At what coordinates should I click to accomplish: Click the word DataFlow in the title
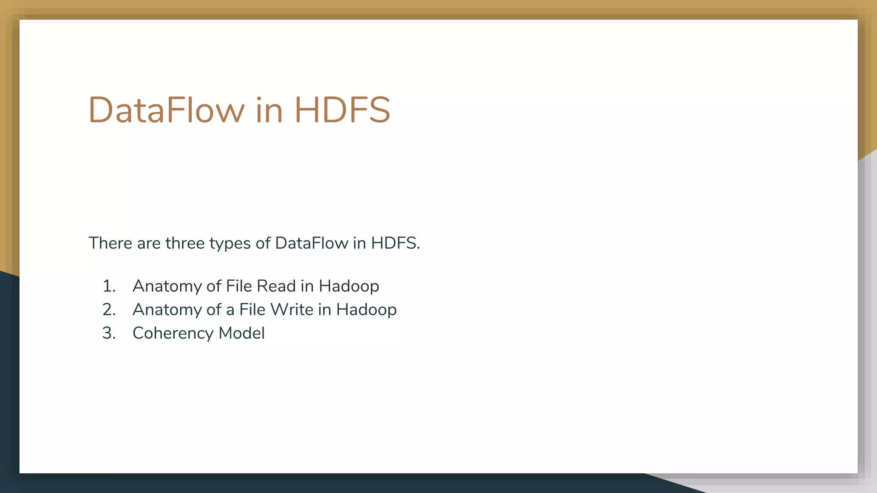coord(166,110)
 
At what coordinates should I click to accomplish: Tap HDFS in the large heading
coord(342,110)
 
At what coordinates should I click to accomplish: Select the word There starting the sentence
coord(110,243)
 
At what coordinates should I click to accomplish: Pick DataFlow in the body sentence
coord(311,243)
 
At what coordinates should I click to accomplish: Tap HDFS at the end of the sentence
coord(394,243)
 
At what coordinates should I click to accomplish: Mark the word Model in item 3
coord(242,333)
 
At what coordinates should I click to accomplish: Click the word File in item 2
coord(252,309)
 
